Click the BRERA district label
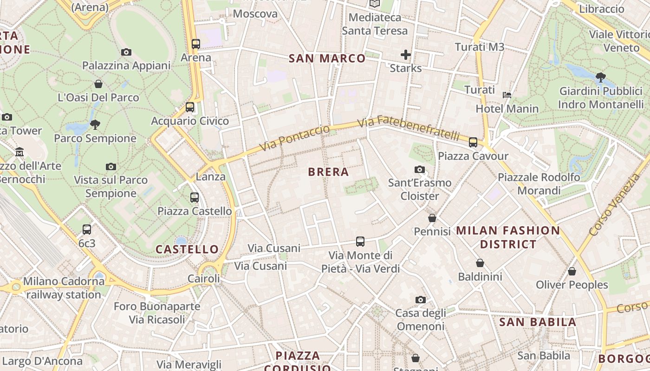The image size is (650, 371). click(328, 172)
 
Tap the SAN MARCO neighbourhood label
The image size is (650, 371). click(327, 58)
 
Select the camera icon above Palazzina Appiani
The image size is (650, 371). click(126, 52)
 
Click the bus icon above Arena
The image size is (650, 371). click(196, 44)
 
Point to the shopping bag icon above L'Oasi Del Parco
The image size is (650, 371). click(98, 84)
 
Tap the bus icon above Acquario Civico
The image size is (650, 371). click(190, 107)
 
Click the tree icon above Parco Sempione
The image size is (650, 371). click(95, 124)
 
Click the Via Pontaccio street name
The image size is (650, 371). click(294, 138)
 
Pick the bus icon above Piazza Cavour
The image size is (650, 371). click(473, 142)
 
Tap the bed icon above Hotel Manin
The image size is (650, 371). click(507, 95)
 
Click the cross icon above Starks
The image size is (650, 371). click(406, 55)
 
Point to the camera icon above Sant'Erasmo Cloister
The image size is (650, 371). click(420, 169)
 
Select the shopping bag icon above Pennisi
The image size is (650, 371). click(432, 217)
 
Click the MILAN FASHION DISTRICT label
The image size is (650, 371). click(508, 237)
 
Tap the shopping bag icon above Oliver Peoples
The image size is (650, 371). click(572, 271)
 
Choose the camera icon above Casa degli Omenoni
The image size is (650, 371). click(421, 300)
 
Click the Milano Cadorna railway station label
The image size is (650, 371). click(64, 288)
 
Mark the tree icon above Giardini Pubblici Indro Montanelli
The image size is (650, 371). click(601, 77)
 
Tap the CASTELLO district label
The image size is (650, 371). click(187, 249)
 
